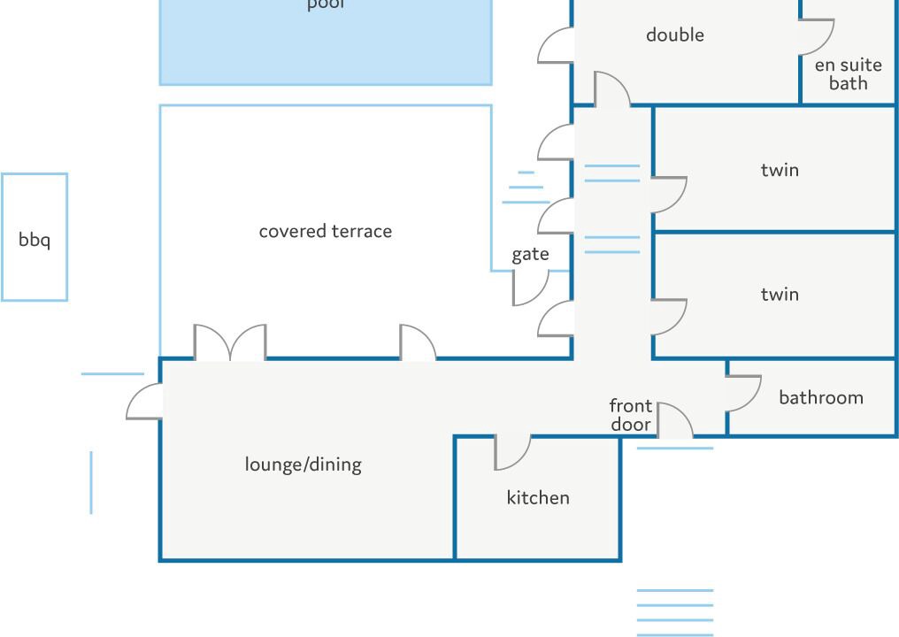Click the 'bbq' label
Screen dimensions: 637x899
[35, 240]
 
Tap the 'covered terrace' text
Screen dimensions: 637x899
[325, 231]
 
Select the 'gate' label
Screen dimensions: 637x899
[530, 255]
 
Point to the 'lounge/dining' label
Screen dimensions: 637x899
[303, 464]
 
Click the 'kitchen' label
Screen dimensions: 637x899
[538, 498]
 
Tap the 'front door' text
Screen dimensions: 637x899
[631, 415]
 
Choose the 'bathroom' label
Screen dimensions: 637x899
[821, 397]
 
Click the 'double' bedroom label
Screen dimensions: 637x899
[674, 35]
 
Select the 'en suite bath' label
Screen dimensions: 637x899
[848, 73]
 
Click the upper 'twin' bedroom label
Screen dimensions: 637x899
[780, 169]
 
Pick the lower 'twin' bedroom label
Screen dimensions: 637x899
[780, 294]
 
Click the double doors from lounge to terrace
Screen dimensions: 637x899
[230, 343]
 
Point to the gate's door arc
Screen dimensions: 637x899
[531, 288]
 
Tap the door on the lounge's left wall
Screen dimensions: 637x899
[144, 402]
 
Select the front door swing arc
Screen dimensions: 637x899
[675, 420]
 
